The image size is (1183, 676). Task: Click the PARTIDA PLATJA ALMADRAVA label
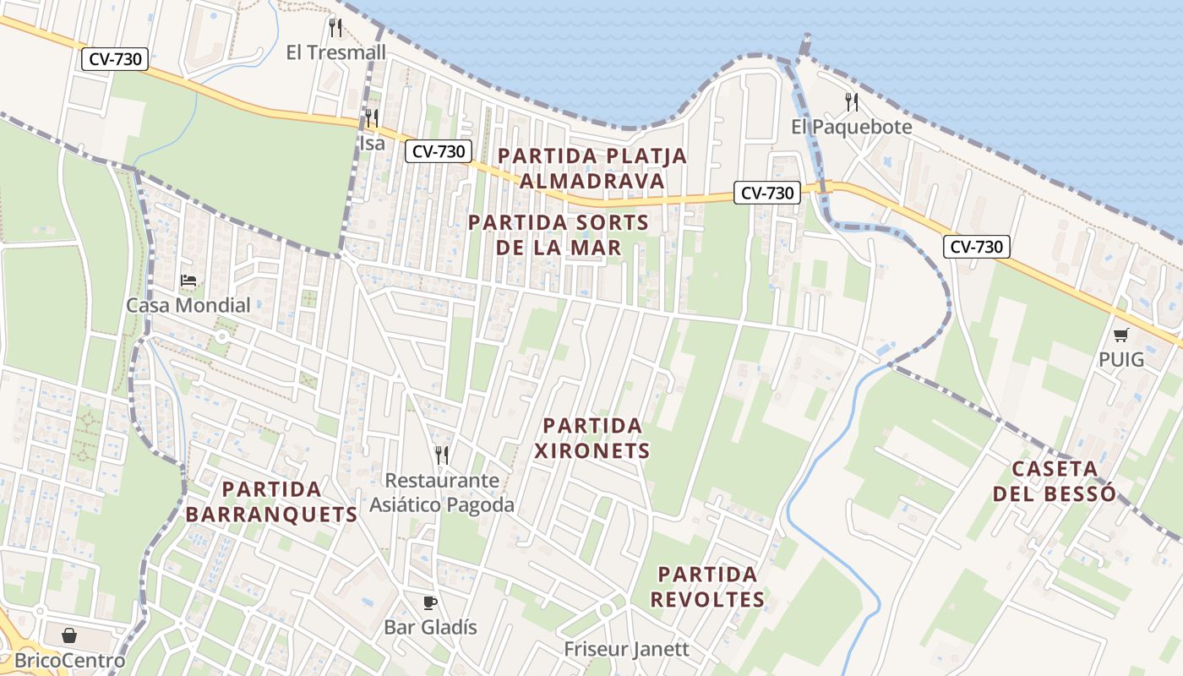click(x=591, y=168)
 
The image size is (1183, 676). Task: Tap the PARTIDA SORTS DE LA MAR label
click(x=559, y=235)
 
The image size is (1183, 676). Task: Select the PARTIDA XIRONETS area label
click(x=592, y=438)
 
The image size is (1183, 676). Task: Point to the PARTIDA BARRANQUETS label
click(x=271, y=501)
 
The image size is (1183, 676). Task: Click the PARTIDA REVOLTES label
click(x=708, y=586)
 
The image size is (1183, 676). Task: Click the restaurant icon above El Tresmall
click(x=335, y=28)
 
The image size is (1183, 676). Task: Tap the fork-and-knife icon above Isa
click(x=371, y=117)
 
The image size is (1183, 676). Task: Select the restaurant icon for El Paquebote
click(x=852, y=102)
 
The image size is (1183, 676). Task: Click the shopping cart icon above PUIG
click(x=1120, y=335)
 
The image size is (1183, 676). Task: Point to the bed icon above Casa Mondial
click(x=188, y=281)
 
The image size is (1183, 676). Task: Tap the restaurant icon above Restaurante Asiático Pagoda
click(x=441, y=455)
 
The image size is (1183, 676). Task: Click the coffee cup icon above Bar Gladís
click(x=430, y=602)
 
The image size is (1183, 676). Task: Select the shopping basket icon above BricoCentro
click(x=69, y=635)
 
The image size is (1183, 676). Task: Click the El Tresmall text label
click(x=335, y=52)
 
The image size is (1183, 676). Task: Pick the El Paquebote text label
click(x=852, y=127)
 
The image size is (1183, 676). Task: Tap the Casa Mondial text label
click(x=188, y=305)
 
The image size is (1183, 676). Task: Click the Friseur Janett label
click(x=627, y=649)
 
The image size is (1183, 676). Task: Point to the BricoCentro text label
click(x=70, y=660)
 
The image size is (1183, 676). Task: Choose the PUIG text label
click(x=1121, y=359)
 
